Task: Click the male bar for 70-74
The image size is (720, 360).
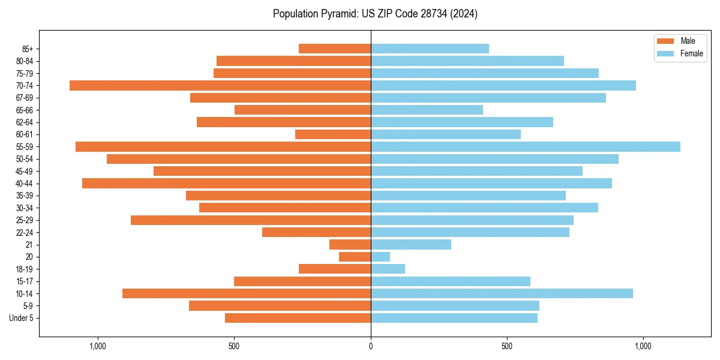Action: point(220,85)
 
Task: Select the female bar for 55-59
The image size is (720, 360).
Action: point(526,146)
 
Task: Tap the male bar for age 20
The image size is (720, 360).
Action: point(355,257)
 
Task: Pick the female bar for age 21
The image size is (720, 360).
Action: point(411,244)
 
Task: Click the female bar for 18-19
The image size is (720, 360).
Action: point(388,269)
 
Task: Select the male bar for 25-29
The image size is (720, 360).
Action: point(251,220)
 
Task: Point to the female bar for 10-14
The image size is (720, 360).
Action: point(502,293)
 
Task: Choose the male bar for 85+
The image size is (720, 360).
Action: point(335,49)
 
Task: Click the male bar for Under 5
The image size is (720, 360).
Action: point(298,318)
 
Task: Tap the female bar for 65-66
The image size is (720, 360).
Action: point(427,110)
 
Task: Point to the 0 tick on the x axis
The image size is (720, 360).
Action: point(371,346)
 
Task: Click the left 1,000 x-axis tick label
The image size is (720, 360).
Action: point(98,346)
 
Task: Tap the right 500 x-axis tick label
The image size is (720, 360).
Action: point(507,346)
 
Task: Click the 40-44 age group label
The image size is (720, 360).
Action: point(25,184)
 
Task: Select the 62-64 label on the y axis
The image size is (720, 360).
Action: point(25,122)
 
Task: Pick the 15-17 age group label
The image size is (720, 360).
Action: point(25,281)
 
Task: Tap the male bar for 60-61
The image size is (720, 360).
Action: point(333,134)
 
